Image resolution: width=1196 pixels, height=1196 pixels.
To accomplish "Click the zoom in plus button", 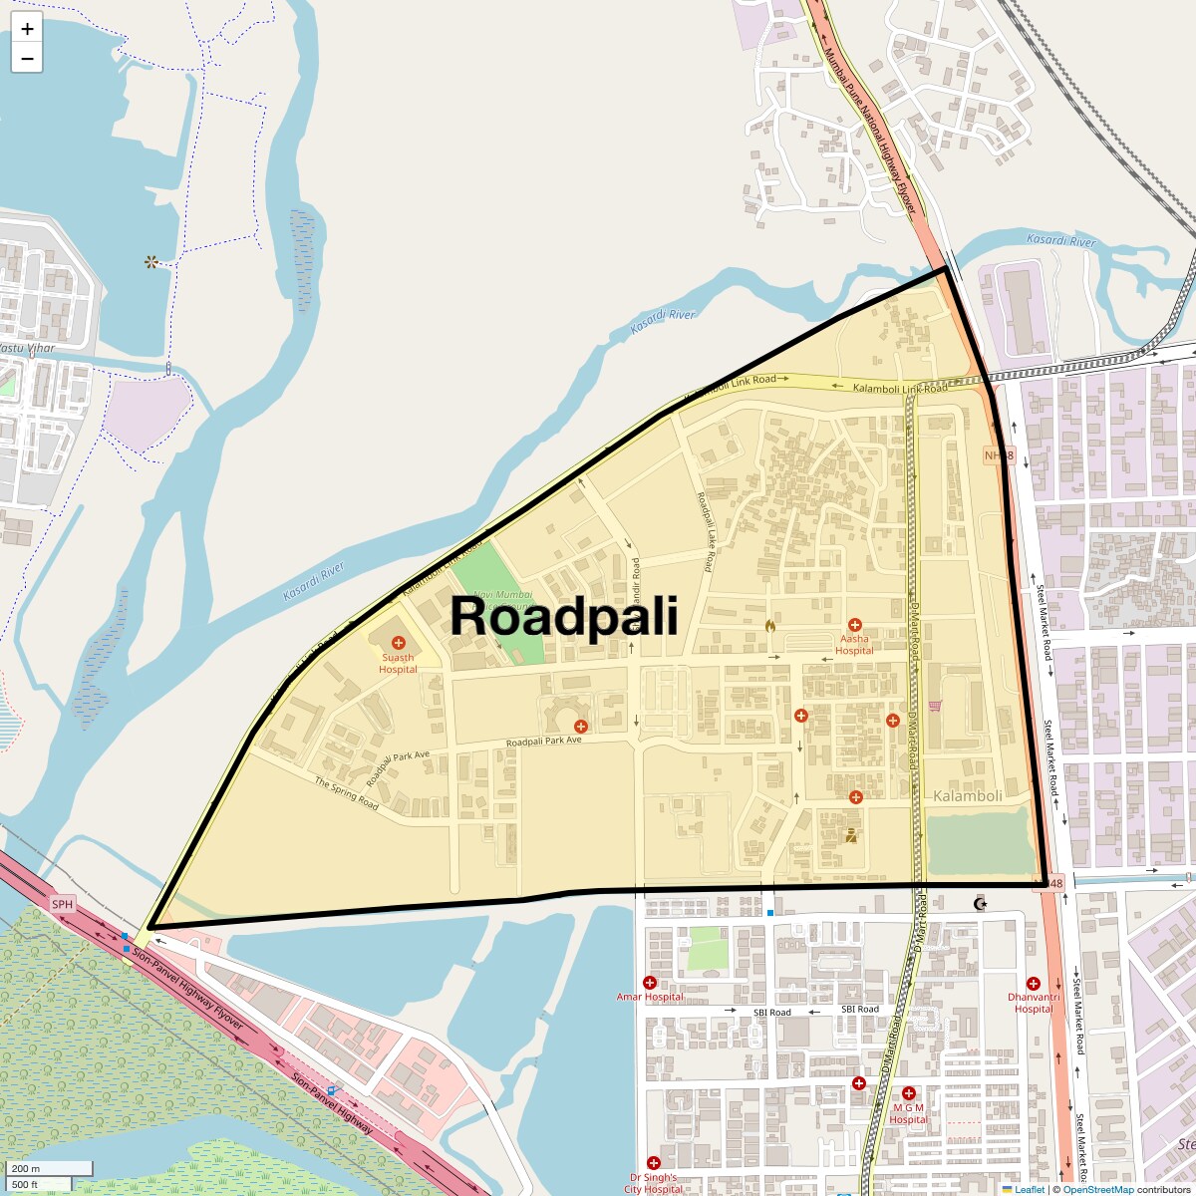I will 27,29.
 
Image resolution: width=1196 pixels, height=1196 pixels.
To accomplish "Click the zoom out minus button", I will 27,59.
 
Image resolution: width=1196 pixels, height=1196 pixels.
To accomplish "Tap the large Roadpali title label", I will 564,616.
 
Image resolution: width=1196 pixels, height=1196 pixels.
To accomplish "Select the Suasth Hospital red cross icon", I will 399,643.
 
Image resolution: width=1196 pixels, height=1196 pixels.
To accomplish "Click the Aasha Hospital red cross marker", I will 854,625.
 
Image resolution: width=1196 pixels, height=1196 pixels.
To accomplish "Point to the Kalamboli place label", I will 968,796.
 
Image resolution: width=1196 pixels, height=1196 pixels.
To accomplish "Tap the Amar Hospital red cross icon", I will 650,983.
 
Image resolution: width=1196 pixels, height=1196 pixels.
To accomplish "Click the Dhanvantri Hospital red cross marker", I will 1033,984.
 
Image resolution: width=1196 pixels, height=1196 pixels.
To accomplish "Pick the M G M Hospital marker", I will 908,1093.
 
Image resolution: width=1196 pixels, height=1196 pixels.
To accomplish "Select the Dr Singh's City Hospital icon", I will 654,1163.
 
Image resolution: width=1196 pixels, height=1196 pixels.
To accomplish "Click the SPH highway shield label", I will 63,904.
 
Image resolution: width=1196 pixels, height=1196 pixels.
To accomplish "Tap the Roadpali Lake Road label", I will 706,532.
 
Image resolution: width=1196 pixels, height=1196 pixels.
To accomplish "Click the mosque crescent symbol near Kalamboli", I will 980,904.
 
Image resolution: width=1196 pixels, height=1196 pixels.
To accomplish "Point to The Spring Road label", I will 347,793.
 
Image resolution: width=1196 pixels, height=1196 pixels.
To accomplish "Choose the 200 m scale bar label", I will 27,1169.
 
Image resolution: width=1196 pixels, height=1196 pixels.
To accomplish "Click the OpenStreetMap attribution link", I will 1097,1189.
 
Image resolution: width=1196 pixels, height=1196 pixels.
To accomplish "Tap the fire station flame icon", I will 769,626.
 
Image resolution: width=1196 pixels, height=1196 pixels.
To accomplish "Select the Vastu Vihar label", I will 27,348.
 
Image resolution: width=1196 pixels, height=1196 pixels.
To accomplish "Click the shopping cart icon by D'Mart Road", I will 934,706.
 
